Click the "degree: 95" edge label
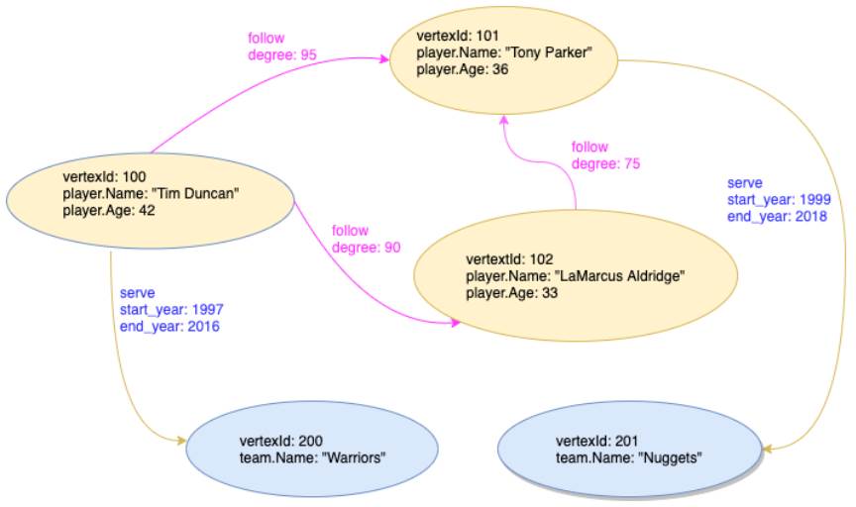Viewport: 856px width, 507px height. pyautogui.click(x=282, y=54)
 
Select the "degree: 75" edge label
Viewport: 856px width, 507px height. pyautogui.click(x=606, y=163)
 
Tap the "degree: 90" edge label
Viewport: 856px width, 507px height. pyautogui.click(x=367, y=248)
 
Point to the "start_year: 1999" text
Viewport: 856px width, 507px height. pyautogui.click(x=779, y=200)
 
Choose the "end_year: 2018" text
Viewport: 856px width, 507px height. pyautogui.click(x=779, y=216)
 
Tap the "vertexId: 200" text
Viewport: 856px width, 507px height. pyautogui.click(x=281, y=442)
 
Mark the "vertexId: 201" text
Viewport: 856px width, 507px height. pyautogui.click(x=597, y=442)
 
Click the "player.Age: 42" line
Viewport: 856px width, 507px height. pyautogui.click(x=108, y=210)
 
